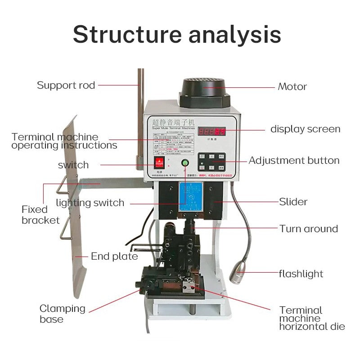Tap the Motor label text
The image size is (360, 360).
click(x=292, y=86)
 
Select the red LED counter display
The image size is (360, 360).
click(x=213, y=132)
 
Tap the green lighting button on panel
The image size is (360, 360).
click(x=184, y=162)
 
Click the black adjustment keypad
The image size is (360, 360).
click(x=211, y=161)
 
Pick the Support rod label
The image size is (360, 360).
click(x=66, y=85)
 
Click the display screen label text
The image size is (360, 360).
click(x=305, y=129)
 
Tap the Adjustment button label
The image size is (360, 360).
click(x=294, y=161)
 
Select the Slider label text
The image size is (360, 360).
click(x=293, y=202)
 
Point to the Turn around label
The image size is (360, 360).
click(x=308, y=229)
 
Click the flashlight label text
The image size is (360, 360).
click(x=301, y=274)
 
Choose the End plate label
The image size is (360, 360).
click(x=114, y=256)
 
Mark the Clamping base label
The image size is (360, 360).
click(x=62, y=314)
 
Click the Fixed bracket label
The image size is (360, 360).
click(x=40, y=215)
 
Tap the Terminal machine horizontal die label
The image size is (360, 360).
click(x=312, y=318)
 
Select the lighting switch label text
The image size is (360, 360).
click(x=90, y=203)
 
